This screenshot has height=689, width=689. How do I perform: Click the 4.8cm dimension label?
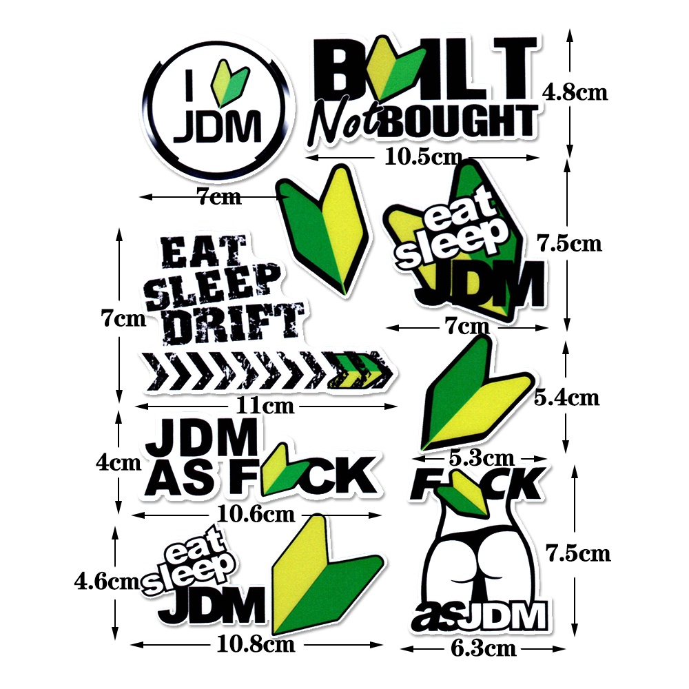pyautogui.click(x=575, y=92)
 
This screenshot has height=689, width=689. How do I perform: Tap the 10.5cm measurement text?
pyautogui.click(x=422, y=158)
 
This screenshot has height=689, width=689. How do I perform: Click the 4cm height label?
pyautogui.click(x=118, y=463)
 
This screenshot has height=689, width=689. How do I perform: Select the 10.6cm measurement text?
pyautogui.click(x=256, y=514)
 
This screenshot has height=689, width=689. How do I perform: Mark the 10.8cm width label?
pyautogui.click(x=256, y=645)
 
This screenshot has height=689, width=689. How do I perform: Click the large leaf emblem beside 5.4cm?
pyautogui.click(x=475, y=396)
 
